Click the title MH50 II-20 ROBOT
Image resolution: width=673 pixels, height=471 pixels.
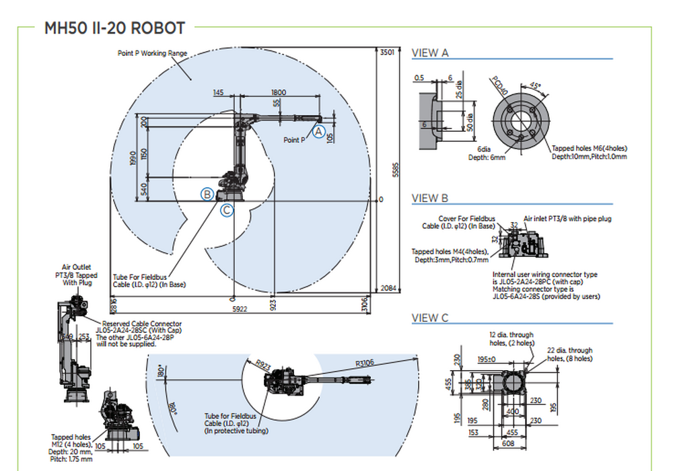click(114, 28)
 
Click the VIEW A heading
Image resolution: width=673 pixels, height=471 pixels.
click(430, 52)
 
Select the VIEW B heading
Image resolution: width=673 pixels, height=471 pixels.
click(430, 198)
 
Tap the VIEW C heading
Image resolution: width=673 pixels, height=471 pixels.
click(430, 318)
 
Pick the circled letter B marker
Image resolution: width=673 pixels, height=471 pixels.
click(208, 194)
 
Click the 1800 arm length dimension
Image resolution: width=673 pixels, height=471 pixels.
click(279, 93)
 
